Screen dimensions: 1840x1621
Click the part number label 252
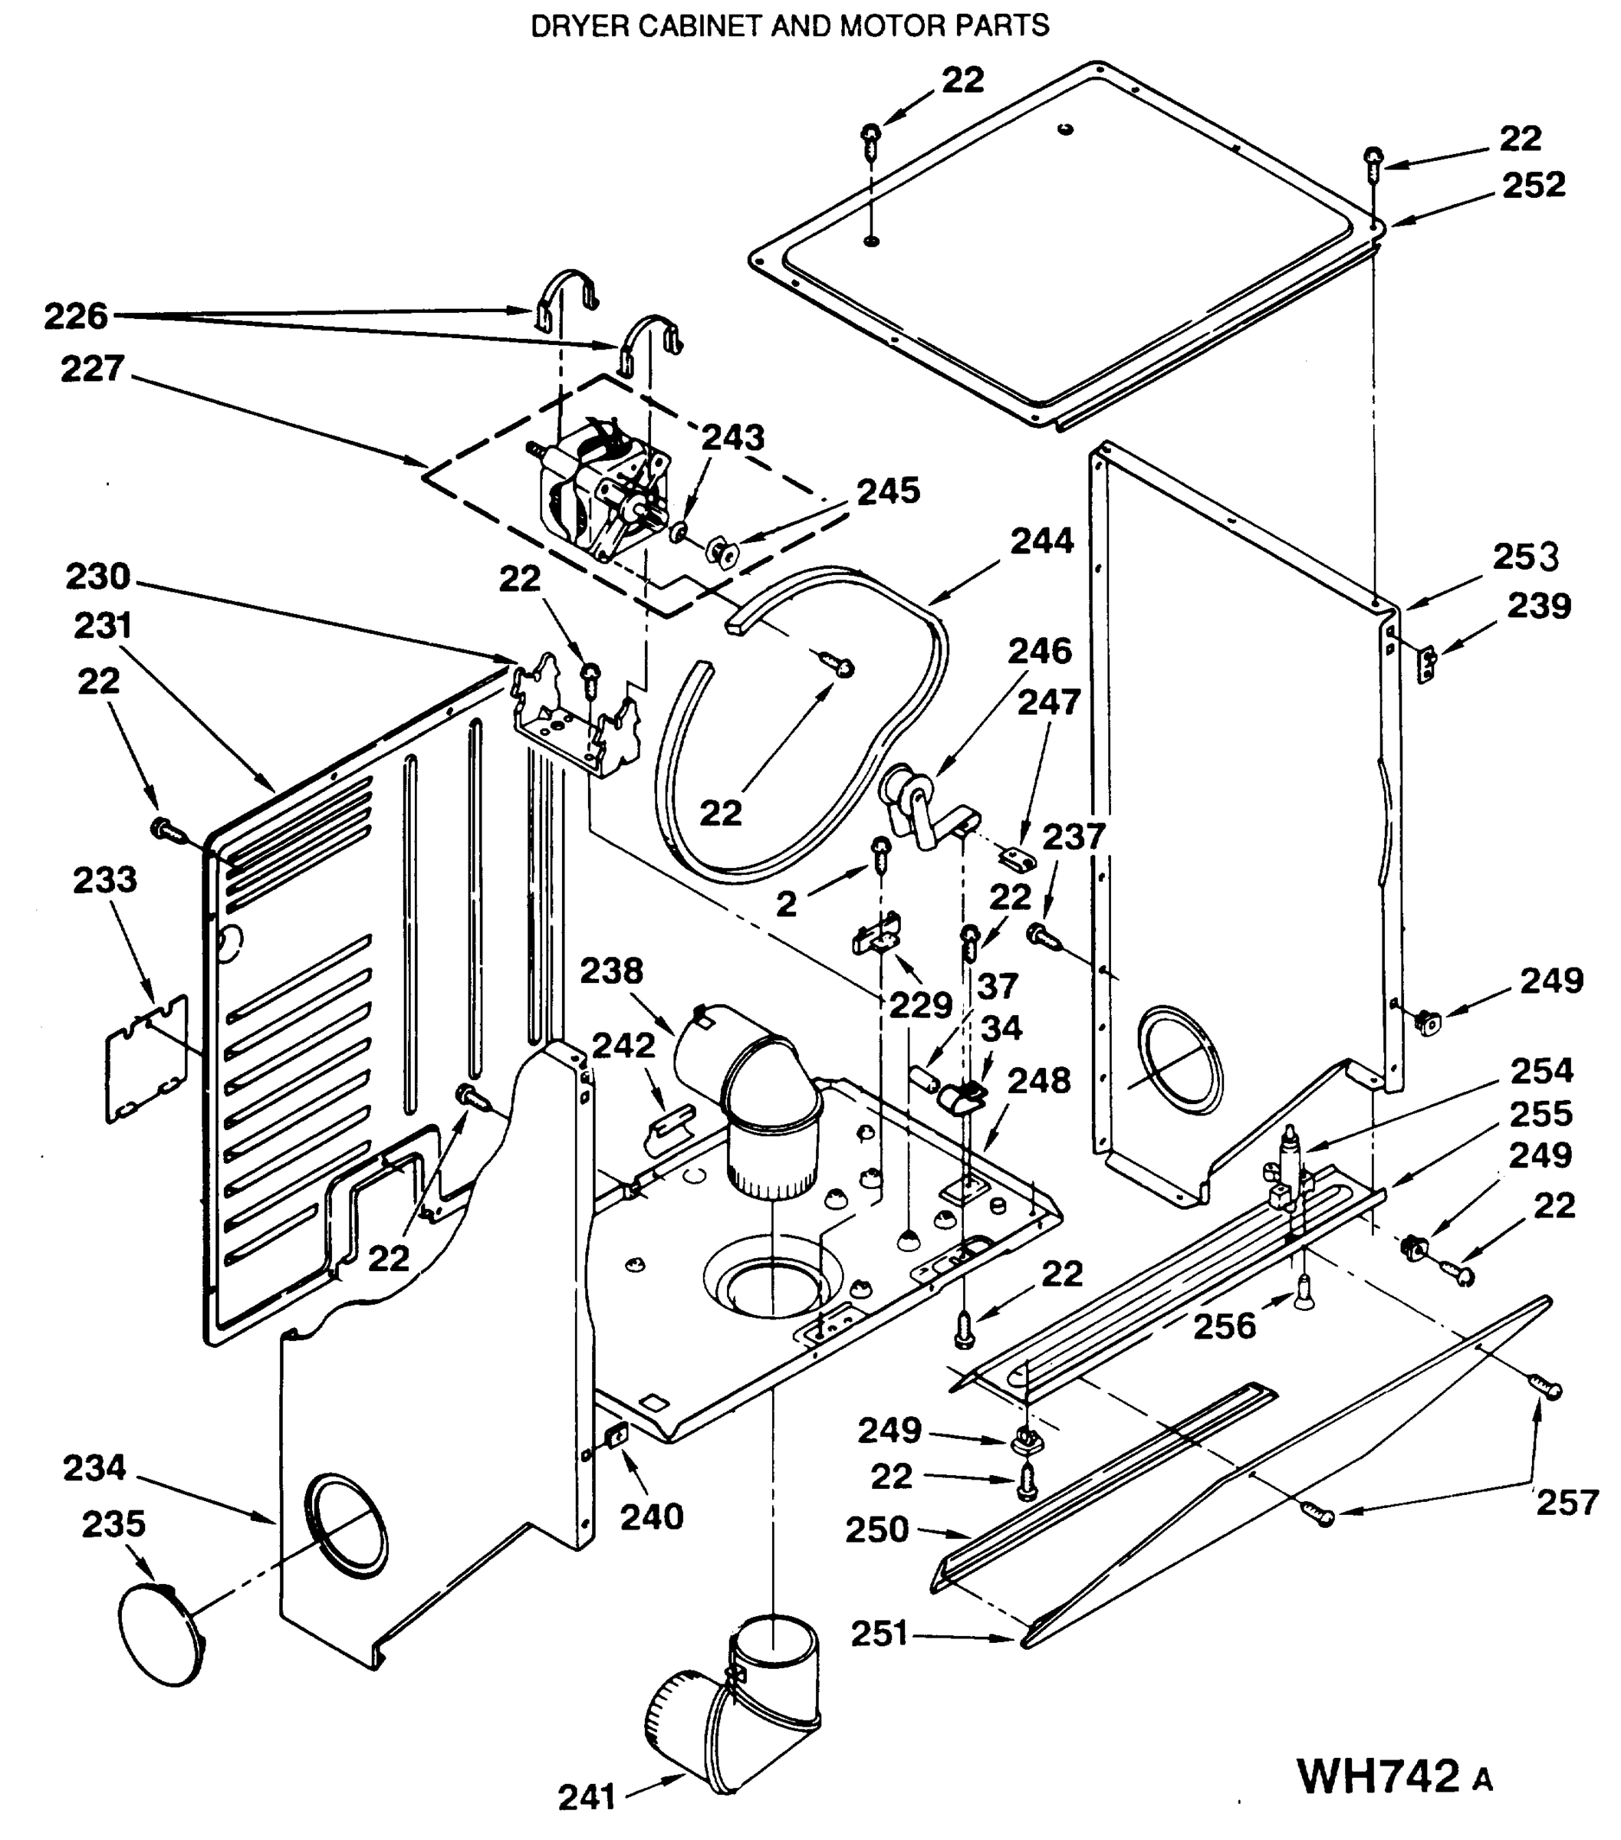click(1534, 186)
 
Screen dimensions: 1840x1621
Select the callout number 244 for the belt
click(1042, 541)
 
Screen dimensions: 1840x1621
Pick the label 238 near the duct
click(611, 971)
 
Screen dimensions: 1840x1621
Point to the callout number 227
click(93, 369)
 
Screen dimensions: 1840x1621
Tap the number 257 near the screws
click(1567, 1503)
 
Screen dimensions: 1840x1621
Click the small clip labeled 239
click(1426, 663)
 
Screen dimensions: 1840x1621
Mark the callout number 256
click(1224, 1326)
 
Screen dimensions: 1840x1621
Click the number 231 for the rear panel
click(103, 626)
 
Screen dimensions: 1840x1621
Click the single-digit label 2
click(786, 905)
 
